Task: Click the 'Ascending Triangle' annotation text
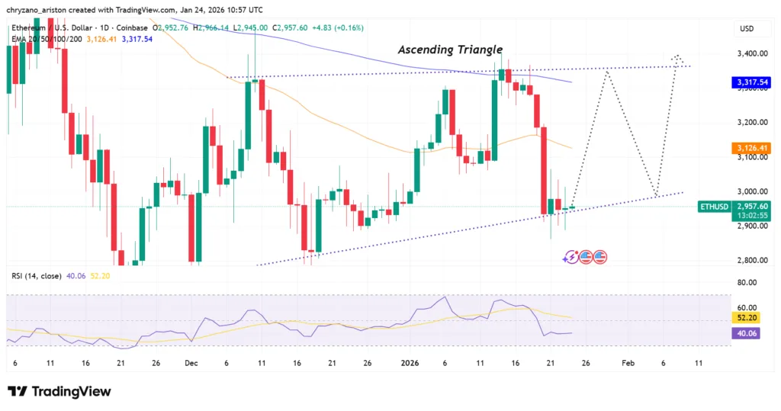click(450, 50)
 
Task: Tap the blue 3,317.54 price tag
click(750, 82)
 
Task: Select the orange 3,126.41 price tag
click(750, 147)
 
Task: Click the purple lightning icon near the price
click(570, 257)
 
